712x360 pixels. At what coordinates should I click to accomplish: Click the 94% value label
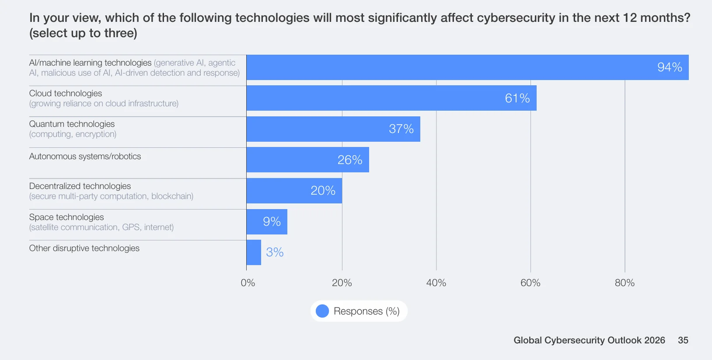pyautogui.click(x=670, y=67)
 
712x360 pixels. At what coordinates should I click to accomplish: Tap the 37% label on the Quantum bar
pyautogui.click(x=401, y=129)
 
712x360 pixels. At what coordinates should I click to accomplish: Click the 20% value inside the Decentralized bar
pyautogui.click(x=323, y=191)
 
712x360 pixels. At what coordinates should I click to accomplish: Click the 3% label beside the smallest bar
pyautogui.click(x=275, y=252)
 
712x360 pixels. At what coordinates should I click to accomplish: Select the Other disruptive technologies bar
pyautogui.click(x=254, y=252)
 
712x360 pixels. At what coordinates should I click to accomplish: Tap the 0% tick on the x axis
pyautogui.click(x=248, y=283)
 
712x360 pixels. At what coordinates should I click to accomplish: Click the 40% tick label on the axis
pyautogui.click(x=436, y=283)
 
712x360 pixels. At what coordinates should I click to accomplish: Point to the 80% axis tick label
pyautogui.click(x=625, y=283)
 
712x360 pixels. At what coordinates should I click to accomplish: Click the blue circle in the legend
pyautogui.click(x=322, y=311)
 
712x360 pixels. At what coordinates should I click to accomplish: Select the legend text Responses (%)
pyautogui.click(x=366, y=311)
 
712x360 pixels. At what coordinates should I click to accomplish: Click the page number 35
pyautogui.click(x=683, y=340)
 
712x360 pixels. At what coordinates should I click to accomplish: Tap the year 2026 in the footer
pyautogui.click(x=654, y=340)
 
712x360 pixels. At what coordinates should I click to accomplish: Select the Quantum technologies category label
pyautogui.click(x=72, y=124)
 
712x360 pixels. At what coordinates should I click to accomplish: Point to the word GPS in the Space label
pyautogui.click(x=131, y=227)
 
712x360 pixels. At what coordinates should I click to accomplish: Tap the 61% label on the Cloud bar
pyautogui.click(x=517, y=98)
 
